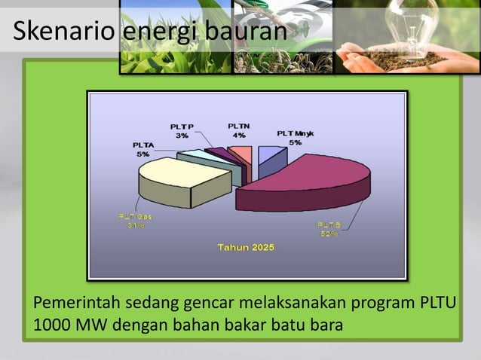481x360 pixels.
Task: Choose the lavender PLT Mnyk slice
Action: [x=269, y=156]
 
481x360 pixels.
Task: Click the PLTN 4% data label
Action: [x=239, y=130]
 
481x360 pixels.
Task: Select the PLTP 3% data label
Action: [x=182, y=131]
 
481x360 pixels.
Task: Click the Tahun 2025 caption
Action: [x=246, y=247]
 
